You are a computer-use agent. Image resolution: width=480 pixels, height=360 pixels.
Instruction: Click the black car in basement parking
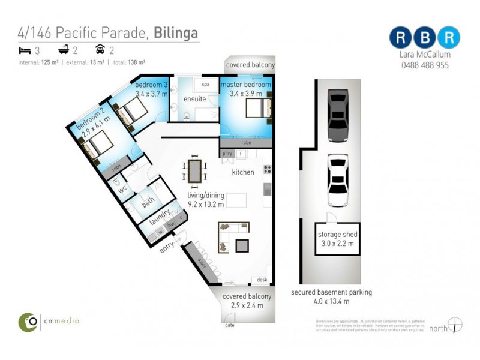[x=338, y=115]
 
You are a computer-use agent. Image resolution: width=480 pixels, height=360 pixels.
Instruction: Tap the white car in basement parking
[x=338, y=180]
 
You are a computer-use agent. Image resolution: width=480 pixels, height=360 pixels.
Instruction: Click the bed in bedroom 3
[x=133, y=110]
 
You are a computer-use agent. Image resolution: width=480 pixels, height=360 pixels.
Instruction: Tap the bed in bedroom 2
[x=98, y=144]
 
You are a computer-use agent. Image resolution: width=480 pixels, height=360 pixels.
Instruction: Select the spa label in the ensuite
[x=206, y=85]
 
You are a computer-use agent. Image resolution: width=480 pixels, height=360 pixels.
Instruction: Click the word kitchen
[x=243, y=172]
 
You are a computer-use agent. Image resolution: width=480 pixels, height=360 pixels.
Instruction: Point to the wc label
[x=123, y=190]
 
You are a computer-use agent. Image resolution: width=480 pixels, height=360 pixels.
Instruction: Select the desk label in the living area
[x=262, y=280]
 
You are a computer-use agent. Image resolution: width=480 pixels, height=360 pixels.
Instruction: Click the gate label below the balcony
[x=229, y=325]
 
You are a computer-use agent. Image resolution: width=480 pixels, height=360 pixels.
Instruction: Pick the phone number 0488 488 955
[x=425, y=65]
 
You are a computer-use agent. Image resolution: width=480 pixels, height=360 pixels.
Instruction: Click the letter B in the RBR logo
[x=425, y=37]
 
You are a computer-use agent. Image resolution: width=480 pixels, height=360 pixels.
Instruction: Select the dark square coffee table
[x=242, y=245]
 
